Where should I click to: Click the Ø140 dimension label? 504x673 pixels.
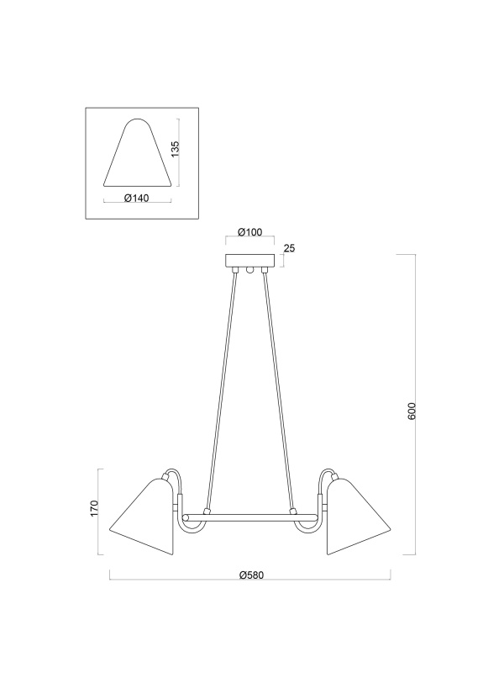click(x=137, y=198)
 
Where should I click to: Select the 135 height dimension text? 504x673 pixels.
click(x=176, y=149)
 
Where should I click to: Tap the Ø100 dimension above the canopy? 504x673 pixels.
click(x=249, y=232)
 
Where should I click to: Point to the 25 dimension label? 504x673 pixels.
click(x=289, y=248)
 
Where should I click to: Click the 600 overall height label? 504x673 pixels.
click(x=412, y=411)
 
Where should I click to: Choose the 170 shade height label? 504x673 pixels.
click(x=95, y=508)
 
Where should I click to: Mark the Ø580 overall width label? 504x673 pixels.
click(x=251, y=575)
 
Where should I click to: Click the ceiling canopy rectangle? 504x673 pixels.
click(x=249, y=261)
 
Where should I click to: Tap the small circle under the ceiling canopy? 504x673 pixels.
click(x=249, y=270)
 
